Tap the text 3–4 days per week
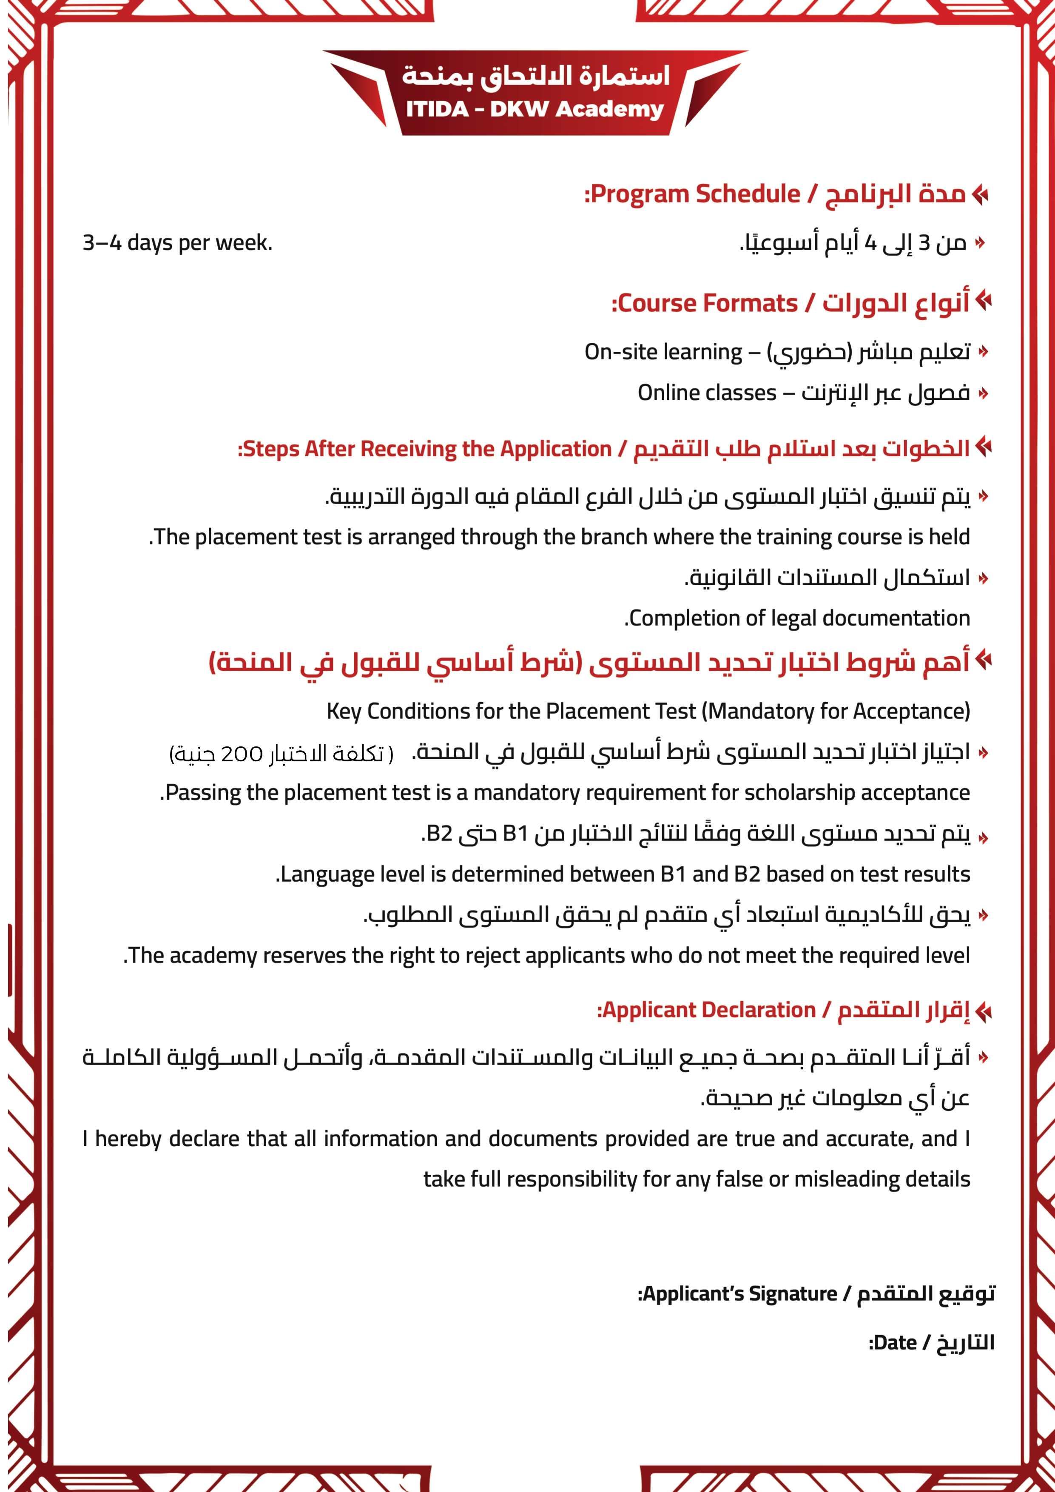(x=177, y=242)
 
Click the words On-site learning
(x=663, y=352)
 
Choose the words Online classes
(x=707, y=393)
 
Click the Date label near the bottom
(x=893, y=1343)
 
